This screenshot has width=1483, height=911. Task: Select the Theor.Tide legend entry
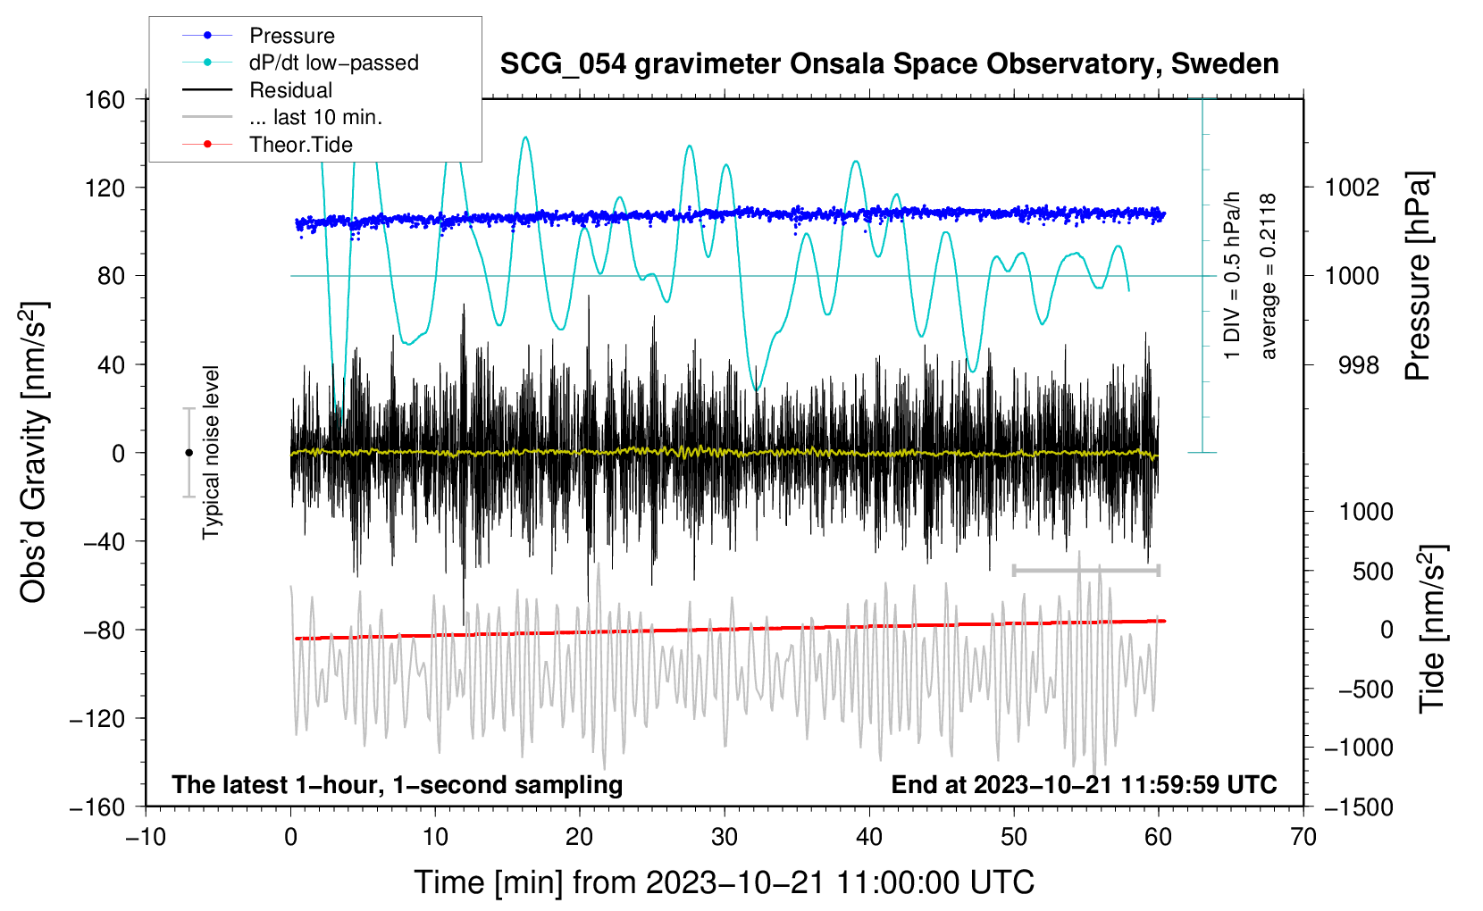pos(300,145)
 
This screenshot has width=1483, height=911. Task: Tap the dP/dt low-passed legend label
pos(333,63)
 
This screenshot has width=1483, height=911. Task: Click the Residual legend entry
pos(290,90)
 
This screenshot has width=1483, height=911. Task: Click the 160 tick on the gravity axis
pos(105,99)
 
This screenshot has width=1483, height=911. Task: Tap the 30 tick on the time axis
pos(725,837)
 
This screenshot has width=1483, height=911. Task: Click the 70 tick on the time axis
pos(1303,837)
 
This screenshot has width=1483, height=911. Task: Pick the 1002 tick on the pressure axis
pos(1353,188)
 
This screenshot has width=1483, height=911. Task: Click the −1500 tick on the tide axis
pos(1358,807)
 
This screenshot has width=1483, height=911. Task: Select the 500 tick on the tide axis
pos(1372,571)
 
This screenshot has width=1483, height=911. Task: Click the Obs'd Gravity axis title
pos(34,452)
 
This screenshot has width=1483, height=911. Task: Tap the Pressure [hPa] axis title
pos(1418,276)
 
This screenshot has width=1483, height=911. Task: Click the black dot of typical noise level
pos(189,453)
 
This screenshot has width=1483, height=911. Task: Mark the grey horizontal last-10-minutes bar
pos(1086,570)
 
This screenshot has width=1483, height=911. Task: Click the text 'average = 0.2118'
pos(1269,276)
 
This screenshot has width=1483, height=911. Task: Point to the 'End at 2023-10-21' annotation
pos(1084,784)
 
